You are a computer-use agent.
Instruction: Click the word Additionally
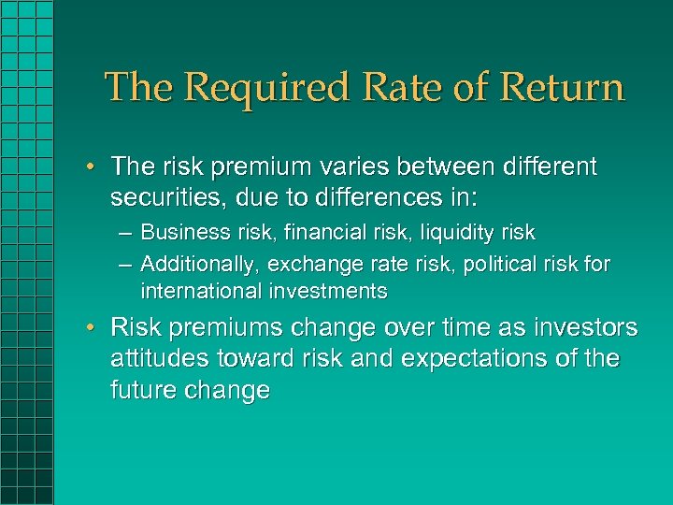point(199,265)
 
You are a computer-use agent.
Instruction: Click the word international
point(197,291)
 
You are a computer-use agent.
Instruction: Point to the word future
point(139,390)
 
